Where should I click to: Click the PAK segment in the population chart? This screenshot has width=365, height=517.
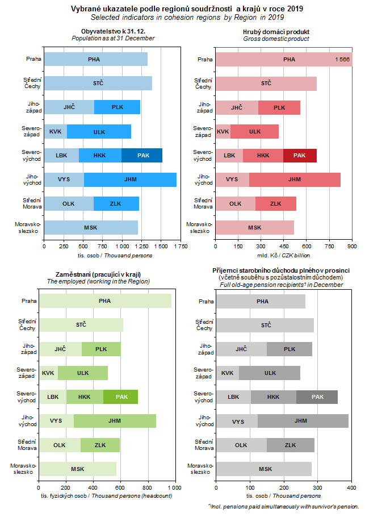coord(142,155)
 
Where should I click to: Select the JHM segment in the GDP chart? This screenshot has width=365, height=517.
coord(295,180)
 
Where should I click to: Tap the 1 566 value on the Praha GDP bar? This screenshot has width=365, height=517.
coord(342,59)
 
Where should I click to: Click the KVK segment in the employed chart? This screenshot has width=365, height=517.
coord(48,373)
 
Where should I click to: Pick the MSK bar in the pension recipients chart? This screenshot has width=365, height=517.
coord(265,469)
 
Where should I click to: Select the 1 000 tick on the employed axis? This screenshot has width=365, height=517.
coord(174,487)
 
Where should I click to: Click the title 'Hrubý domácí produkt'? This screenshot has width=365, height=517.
coord(276,32)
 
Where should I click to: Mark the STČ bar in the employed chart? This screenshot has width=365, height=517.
coord(81,324)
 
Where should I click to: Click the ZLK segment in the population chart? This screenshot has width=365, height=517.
coord(116,203)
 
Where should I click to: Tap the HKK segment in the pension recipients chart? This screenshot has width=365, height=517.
coord(273,397)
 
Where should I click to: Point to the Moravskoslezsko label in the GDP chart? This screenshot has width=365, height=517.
coord(200,227)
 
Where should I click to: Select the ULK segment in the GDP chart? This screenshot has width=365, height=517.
coord(255,131)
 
